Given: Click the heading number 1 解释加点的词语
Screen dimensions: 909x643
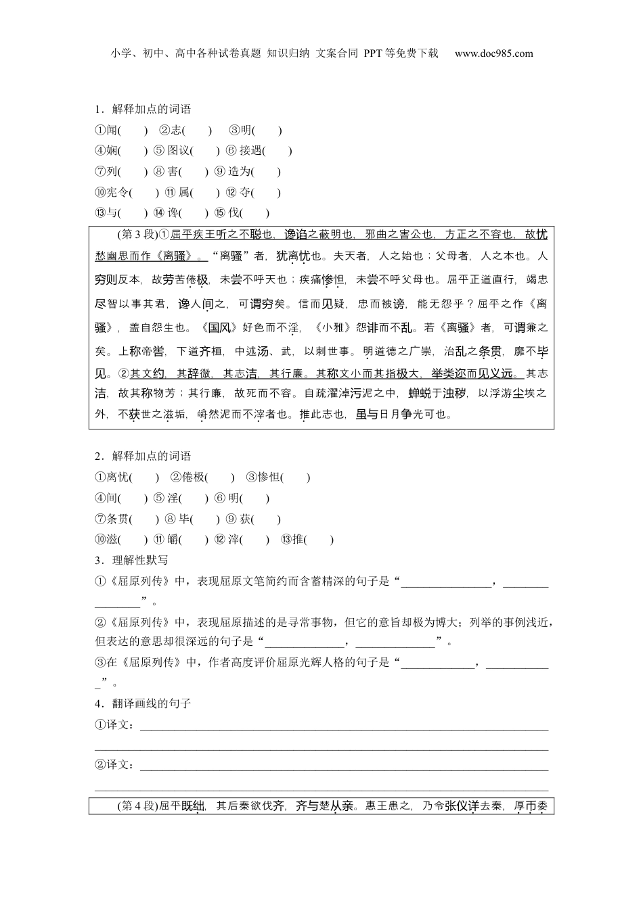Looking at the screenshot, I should tap(143, 110).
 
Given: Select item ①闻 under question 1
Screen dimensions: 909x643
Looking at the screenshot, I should tap(107, 131).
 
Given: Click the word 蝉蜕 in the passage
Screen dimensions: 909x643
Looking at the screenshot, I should tap(420, 392).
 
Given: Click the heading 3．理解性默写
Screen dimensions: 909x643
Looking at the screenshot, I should tap(131, 560).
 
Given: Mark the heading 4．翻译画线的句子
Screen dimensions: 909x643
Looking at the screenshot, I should tap(143, 704).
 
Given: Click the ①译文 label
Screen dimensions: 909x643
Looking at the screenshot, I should tap(115, 725).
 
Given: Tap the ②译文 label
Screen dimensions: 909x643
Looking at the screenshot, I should tap(115, 764).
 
